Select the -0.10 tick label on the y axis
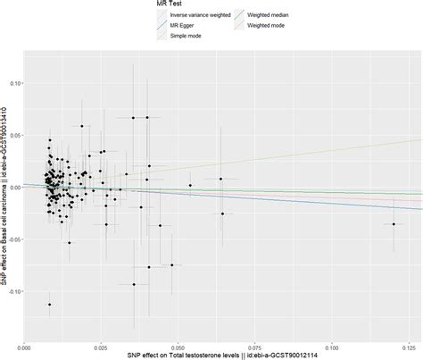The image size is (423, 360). click(12, 291)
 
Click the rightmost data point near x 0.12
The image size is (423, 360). click(394, 224)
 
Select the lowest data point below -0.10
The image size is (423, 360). click(50, 305)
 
